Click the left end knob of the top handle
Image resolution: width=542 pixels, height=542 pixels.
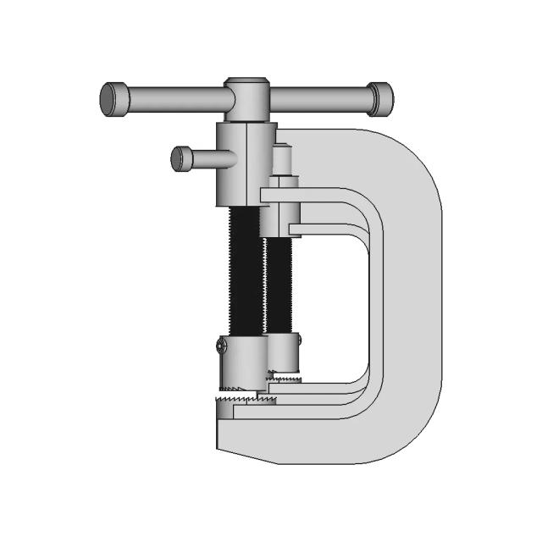point(113,98)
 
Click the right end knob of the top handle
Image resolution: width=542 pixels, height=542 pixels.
point(379,98)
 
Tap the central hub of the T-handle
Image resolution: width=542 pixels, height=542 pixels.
point(246,97)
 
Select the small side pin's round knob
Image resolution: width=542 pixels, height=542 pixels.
point(180,158)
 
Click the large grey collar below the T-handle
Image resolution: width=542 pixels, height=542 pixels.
point(246,163)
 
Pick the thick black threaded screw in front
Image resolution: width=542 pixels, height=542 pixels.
point(246,271)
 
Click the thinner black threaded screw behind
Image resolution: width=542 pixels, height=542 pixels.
point(279,284)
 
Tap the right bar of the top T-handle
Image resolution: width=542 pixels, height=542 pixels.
point(318,99)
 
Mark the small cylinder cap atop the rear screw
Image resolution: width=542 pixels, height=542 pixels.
point(283,160)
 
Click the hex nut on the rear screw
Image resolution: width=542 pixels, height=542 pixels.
point(283,181)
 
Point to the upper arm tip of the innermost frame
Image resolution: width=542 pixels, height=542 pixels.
point(296,229)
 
